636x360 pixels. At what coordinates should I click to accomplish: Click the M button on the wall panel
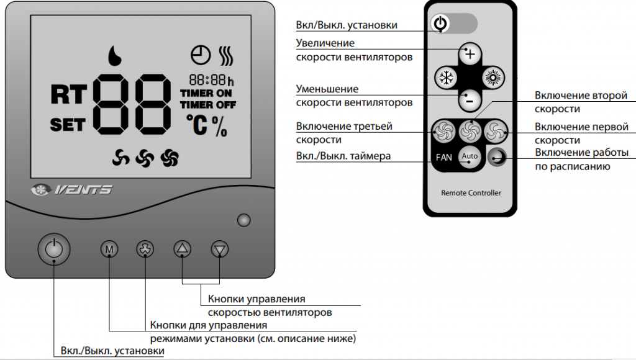point(109,249)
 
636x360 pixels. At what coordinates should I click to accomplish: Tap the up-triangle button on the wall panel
point(182,248)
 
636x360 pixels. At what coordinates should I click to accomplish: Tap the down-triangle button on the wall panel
point(220,249)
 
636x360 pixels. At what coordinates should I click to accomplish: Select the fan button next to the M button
point(145,249)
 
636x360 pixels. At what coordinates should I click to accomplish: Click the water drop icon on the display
point(114,55)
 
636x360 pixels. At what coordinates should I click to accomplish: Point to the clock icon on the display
point(201,55)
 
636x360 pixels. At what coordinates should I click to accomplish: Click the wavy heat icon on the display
point(226,55)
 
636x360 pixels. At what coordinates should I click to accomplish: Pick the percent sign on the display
point(219,126)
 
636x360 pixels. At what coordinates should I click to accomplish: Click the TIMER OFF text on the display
point(208,105)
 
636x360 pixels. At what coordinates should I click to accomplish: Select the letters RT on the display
point(68,94)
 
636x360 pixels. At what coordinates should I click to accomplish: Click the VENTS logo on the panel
point(72,189)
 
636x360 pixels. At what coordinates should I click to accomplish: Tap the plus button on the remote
point(470,53)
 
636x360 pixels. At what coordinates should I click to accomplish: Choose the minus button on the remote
point(470,100)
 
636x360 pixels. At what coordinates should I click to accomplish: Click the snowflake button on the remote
point(446,78)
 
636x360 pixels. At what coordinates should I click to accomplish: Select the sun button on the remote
point(493,78)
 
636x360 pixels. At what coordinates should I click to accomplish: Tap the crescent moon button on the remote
point(497,156)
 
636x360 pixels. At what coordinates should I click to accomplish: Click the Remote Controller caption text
point(471,193)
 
